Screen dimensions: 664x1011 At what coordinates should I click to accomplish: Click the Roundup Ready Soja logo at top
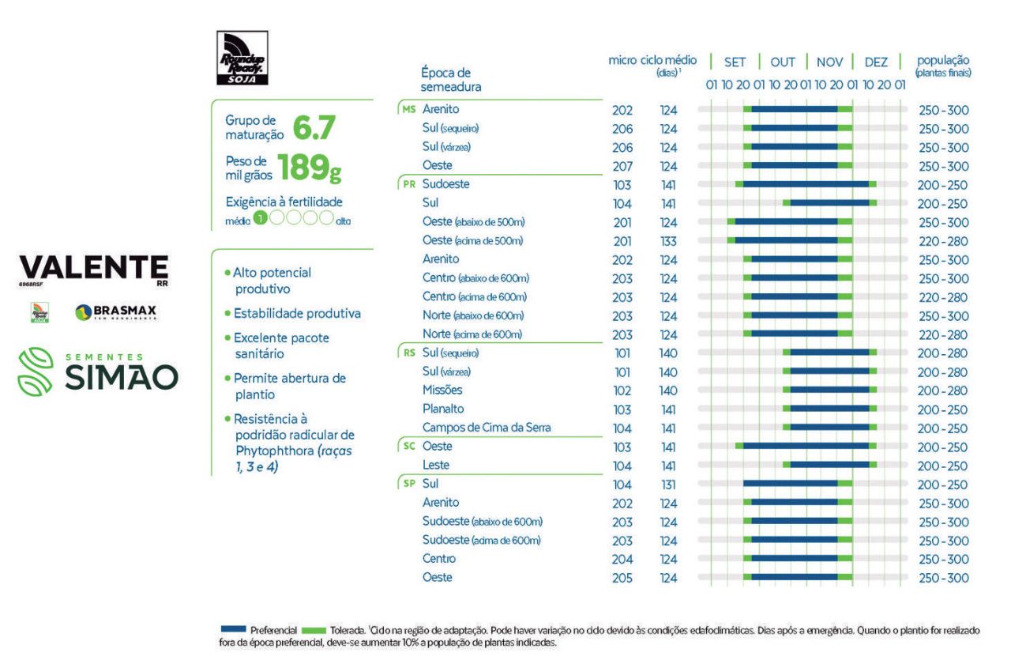(x=242, y=58)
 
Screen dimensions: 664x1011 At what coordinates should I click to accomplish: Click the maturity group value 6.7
(x=315, y=125)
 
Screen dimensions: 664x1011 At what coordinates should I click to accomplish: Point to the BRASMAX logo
(x=116, y=313)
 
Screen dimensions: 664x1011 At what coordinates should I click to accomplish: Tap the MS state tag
(x=408, y=109)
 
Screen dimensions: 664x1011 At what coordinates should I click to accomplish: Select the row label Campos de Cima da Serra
(x=487, y=428)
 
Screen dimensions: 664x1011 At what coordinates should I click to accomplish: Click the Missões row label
(x=442, y=390)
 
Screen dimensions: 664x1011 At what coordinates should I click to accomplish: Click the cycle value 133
(x=668, y=241)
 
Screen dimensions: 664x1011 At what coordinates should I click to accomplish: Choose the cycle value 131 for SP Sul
(x=668, y=485)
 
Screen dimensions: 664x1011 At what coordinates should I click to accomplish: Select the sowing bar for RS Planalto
(x=829, y=409)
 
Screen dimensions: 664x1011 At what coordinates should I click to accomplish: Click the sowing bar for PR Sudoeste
(x=806, y=185)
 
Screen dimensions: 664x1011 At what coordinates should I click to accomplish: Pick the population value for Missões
(x=943, y=390)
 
